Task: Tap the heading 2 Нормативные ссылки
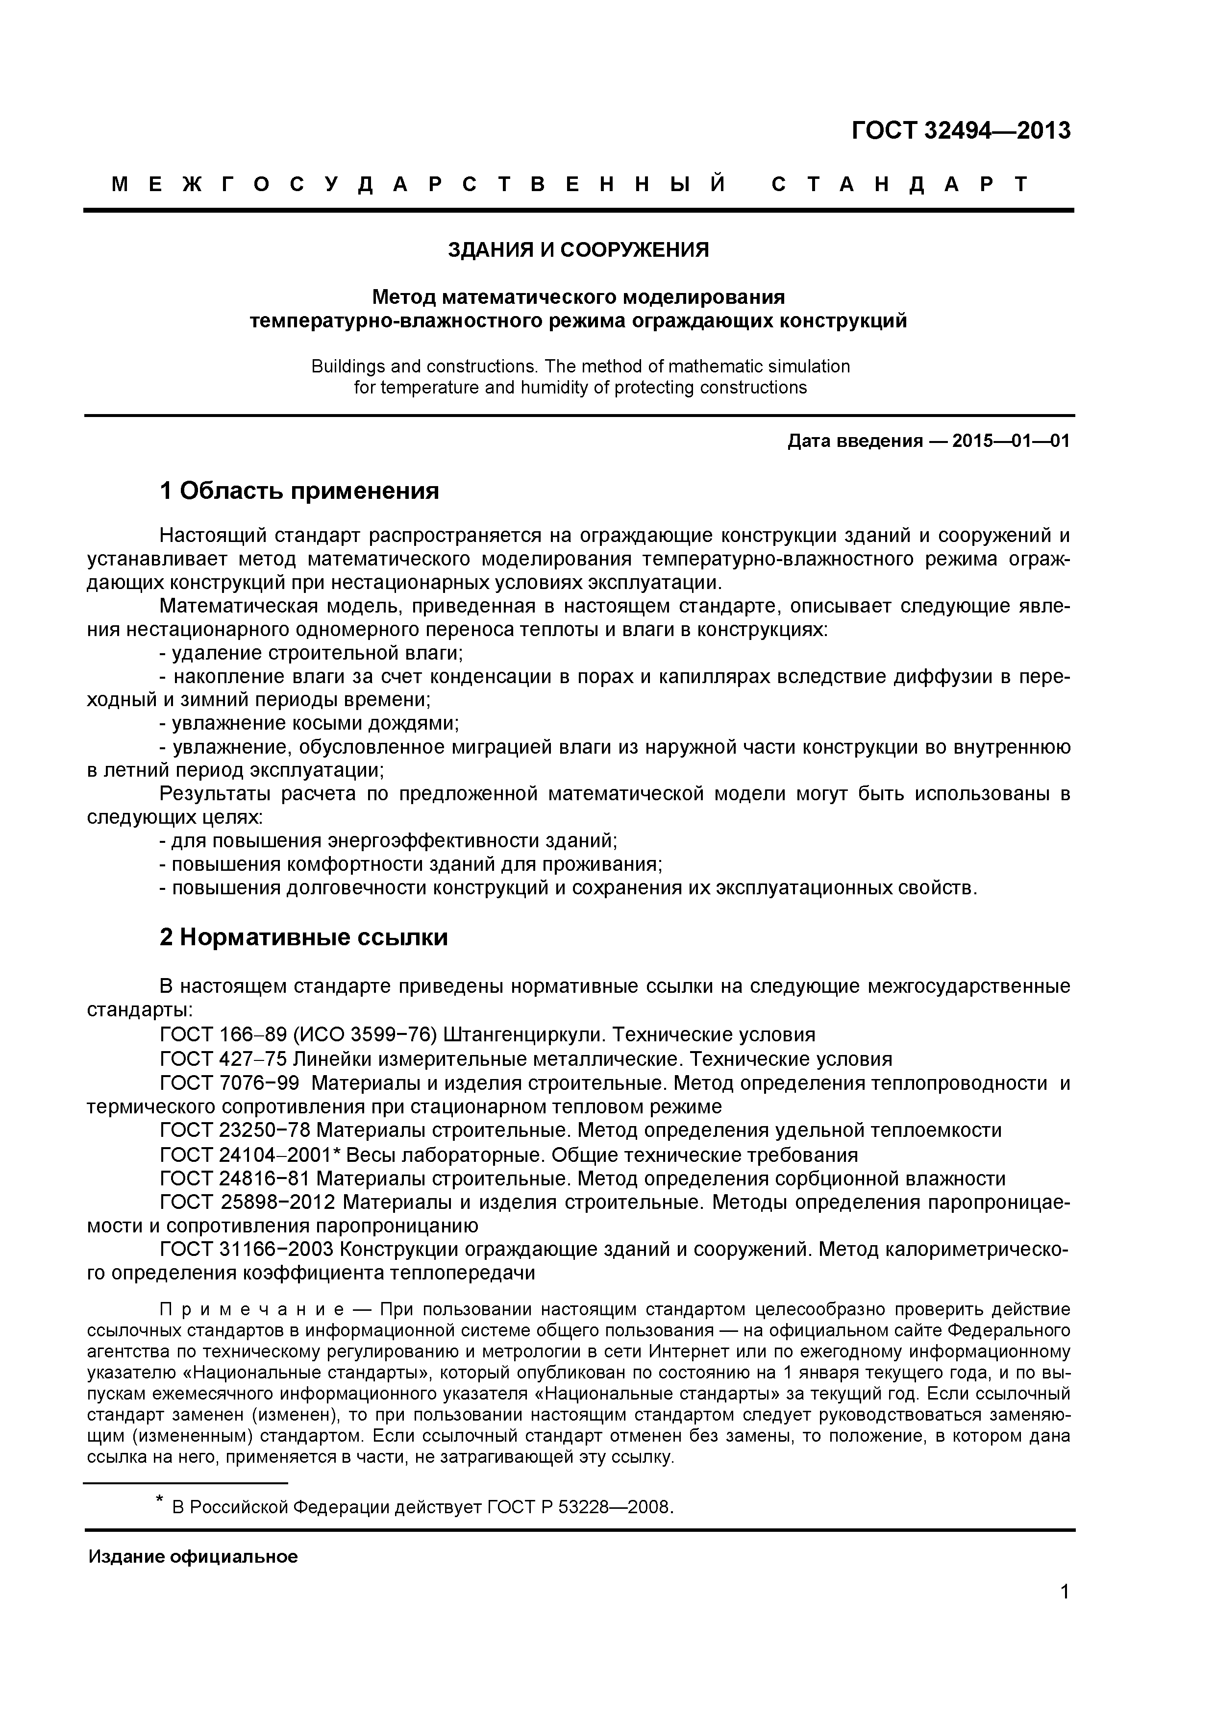[x=303, y=937]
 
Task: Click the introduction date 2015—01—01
[x=1011, y=441]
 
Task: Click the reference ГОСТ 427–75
[x=223, y=1059]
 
